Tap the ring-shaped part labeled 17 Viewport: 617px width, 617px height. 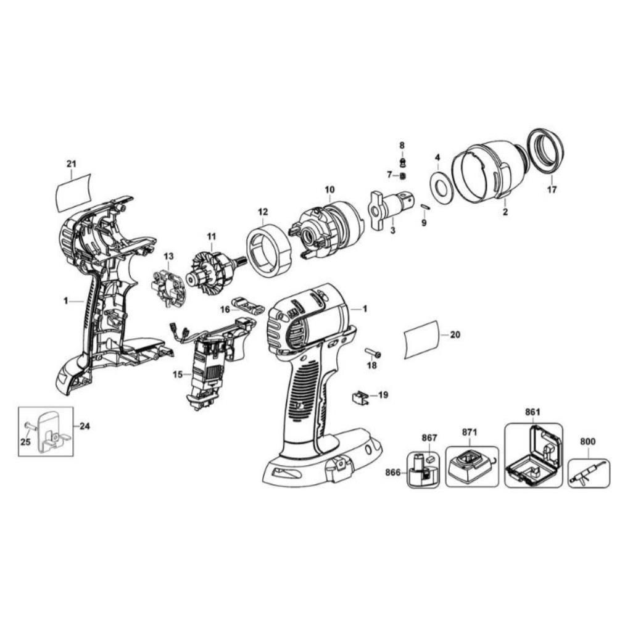tap(546, 151)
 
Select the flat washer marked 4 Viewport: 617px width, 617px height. tap(440, 186)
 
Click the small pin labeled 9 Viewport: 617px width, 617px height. tap(424, 206)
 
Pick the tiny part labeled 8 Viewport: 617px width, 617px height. tap(402, 162)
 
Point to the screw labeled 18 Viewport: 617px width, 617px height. tap(371, 354)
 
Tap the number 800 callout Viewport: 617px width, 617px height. tap(588, 441)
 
